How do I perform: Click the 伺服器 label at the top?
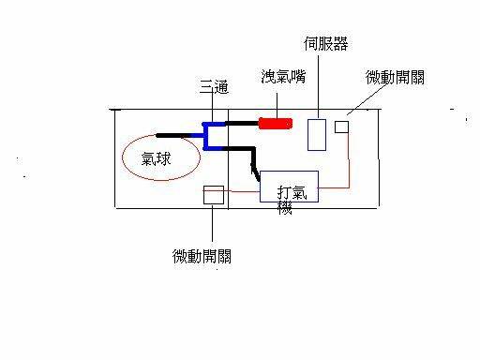pos(325,44)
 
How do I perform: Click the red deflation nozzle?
pos(277,122)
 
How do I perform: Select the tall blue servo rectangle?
pos(317,134)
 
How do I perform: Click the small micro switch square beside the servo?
pos(341,126)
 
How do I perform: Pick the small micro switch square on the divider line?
pos(214,194)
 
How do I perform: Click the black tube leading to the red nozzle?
pos(238,123)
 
